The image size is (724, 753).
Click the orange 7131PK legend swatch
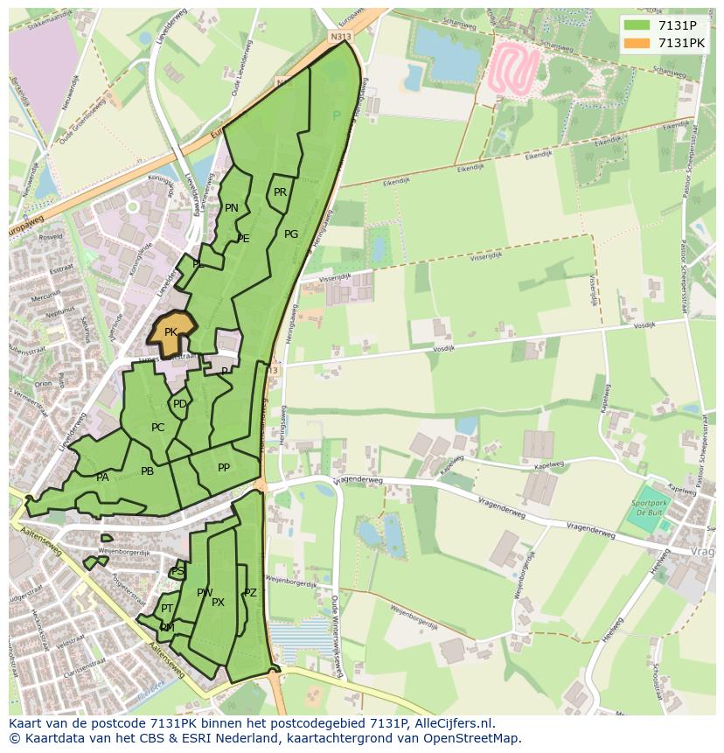pyautogui.click(x=637, y=43)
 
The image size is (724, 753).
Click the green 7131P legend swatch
pyautogui.click(x=637, y=25)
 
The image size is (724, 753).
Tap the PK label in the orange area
pyautogui.click(x=171, y=332)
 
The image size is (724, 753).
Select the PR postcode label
pyautogui.click(x=280, y=192)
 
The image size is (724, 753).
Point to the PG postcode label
pyautogui.click(x=291, y=234)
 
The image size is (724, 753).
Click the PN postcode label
pyautogui.click(x=232, y=208)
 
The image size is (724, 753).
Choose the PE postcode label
pyautogui.click(x=243, y=238)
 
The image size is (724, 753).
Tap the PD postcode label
pyautogui.click(x=179, y=404)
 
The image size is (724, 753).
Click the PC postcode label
pyautogui.click(x=157, y=428)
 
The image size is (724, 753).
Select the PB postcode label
pyautogui.click(x=147, y=471)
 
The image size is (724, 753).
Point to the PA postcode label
pyautogui.click(x=102, y=478)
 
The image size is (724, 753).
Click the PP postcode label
pyautogui.click(x=224, y=468)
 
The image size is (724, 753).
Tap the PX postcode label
pyautogui.click(x=218, y=602)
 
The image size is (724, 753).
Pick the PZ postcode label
pyautogui.click(x=250, y=593)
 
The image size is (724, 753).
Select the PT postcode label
pyautogui.click(x=167, y=609)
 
